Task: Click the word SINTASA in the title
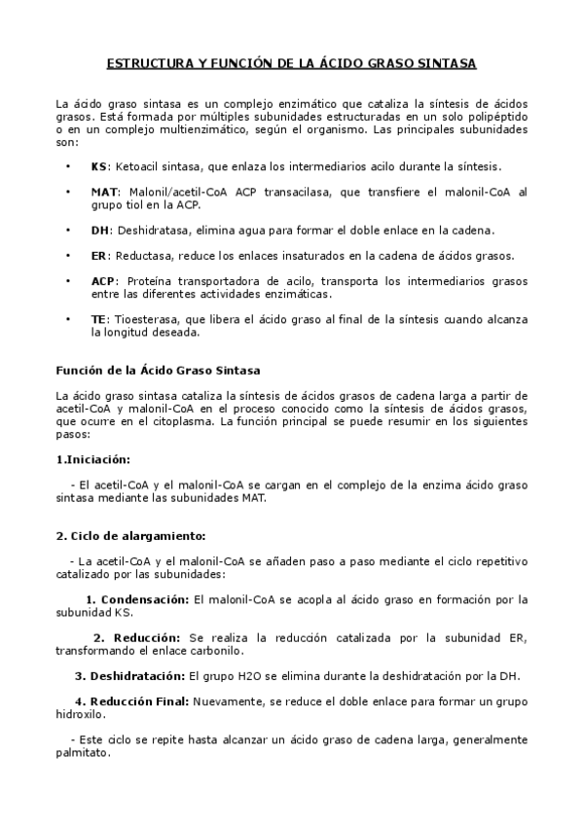click(447, 65)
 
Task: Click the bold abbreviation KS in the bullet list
click(98, 166)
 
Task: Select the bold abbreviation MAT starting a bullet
click(102, 192)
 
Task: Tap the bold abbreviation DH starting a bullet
click(99, 230)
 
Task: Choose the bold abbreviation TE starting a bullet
click(98, 318)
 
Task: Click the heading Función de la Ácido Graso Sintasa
click(158, 370)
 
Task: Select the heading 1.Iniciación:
click(92, 458)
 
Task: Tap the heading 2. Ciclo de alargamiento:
click(130, 535)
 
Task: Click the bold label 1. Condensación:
click(139, 598)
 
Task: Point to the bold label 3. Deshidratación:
click(130, 674)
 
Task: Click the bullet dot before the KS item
click(67, 166)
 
